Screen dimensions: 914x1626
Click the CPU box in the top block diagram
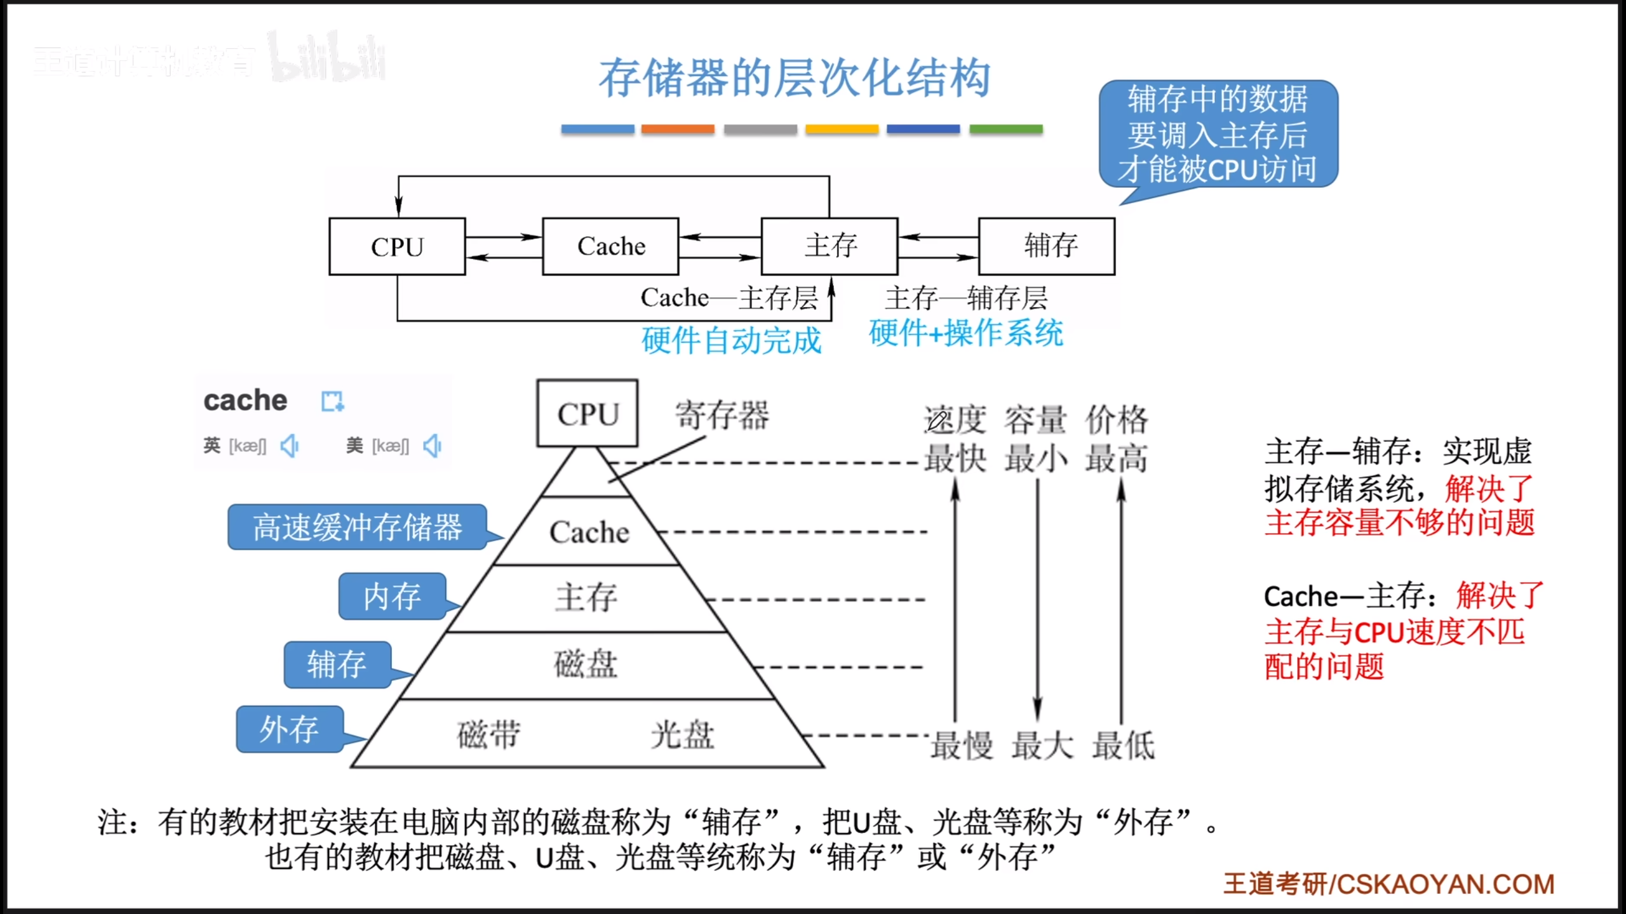[x=397, y=246]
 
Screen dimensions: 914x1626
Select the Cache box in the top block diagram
[x=610, y=246]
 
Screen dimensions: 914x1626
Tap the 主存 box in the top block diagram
[x=830, y=246]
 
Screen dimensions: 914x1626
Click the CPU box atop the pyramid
[x=588, y=414]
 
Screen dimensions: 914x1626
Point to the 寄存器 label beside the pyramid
[x=722, y=415]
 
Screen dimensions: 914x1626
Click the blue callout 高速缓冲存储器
[x=358, y=527]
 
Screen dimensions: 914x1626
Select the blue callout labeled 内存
[x=392, y=597]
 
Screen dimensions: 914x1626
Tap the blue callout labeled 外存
[x=290, y=729]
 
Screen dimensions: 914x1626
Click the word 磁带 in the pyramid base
[x=488, y=734]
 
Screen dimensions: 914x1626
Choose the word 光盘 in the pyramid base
[x=683, y=734]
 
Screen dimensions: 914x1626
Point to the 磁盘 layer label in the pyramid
[x=586, y=664]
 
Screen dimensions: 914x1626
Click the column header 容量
[x=1035, y=420]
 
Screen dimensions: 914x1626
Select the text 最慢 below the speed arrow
[x=962, y=745]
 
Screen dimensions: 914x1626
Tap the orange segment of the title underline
[x=678, y=129]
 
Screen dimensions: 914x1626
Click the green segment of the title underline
[x=1005, y=129]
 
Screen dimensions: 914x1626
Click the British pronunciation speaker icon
[x=290, y=446]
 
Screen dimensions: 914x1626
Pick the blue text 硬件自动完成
[x=731, y=341]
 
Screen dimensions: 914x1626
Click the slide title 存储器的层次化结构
[x=795, y=78]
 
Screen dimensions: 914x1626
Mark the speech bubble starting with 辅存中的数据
[x=1218, y=135]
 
